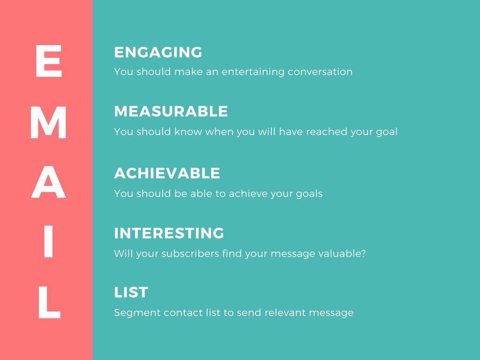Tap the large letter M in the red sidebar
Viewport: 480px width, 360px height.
point(48,125)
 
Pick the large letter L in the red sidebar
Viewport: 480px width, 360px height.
point(48,305)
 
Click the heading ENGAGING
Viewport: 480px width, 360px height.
point(158,52)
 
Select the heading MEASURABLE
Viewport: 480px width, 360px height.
point(171,112)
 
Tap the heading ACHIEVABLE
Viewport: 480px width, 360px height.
point(167,173)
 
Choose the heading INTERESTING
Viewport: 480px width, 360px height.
point(169,233)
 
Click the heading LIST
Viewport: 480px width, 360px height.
point(131,293)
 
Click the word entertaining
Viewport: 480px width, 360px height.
point(253,72)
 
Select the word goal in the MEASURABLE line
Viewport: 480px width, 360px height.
point(387,132)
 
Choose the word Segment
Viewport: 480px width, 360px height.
point(137,313)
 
